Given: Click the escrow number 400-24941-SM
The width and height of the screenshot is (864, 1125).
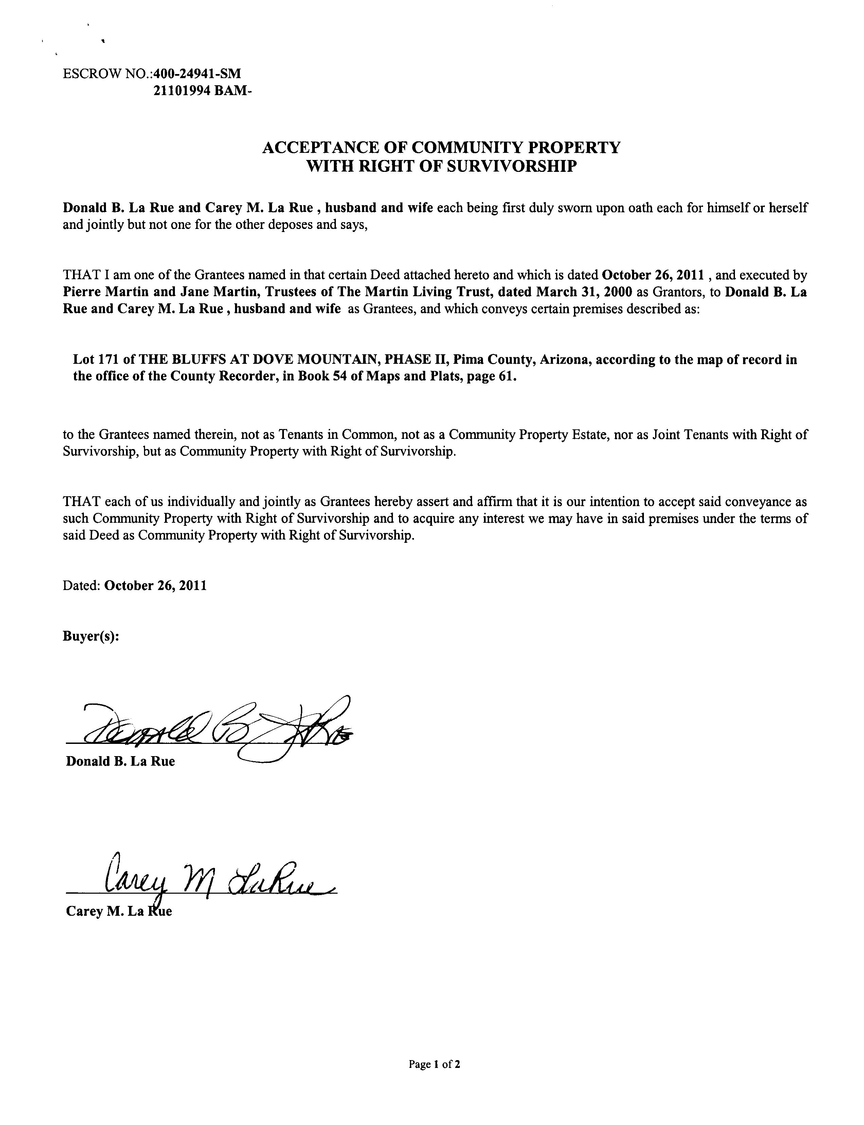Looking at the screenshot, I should point(197,74).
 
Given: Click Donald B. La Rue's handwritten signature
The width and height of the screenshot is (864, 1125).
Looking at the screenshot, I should point(216,730).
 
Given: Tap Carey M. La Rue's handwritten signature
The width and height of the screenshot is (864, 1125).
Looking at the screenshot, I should point(216,881).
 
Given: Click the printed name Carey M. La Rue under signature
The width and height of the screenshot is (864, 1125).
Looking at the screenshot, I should point(119,912).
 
